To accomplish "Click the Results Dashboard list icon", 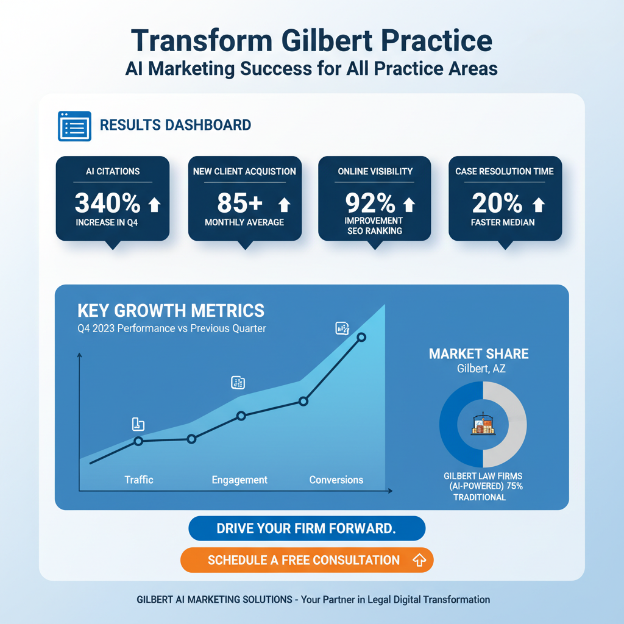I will point(74,126).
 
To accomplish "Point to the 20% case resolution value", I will point(497,202).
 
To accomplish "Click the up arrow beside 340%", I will point(154,205).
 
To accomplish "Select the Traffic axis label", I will point(139,480).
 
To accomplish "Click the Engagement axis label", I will point(239,480).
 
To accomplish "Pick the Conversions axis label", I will point(336,480).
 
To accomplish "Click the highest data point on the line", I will point(361,337).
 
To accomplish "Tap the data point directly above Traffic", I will point(138,441).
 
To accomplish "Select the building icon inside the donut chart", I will point(483,425).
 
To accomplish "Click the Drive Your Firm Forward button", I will point(307,528).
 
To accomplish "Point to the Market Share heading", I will point(478,354).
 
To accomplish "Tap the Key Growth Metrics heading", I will point(171,310).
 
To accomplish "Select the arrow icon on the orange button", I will point(419,560).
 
